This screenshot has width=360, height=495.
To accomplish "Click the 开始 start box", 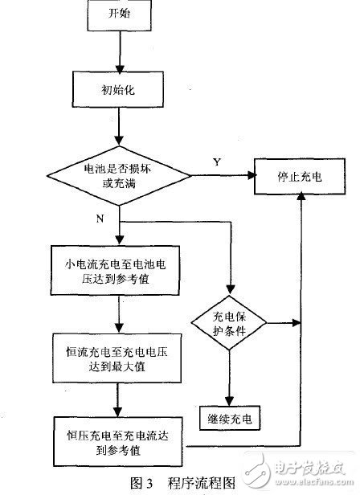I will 118,15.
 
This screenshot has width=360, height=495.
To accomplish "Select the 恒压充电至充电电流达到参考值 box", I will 117,440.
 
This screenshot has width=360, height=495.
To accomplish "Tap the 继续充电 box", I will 230,419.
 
